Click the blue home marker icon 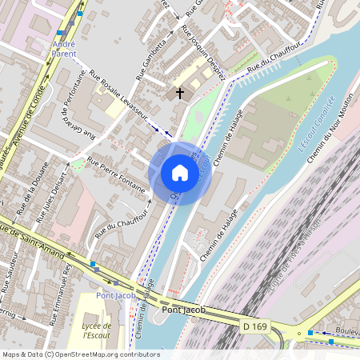click(x=180, y=173)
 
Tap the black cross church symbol click(x=180, y=94)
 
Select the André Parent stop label click(x=64, y=49)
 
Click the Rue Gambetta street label click(x=153, y=60)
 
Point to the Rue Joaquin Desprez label click(x=205, y=53)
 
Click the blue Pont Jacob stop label click(x=112, y=295)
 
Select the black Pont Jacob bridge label click(x=183, y=310)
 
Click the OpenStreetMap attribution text click(x=81, y=354)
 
